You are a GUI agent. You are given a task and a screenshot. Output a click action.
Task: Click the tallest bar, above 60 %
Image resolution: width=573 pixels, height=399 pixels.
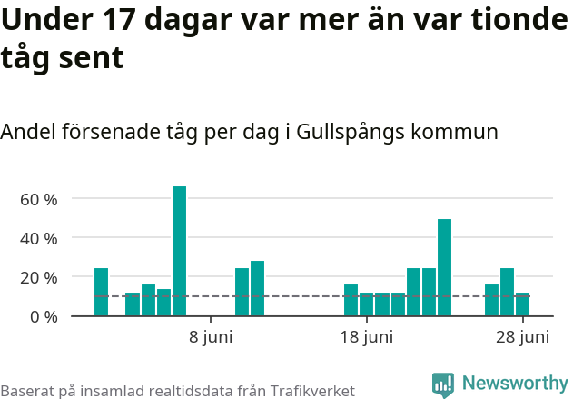(179, 251)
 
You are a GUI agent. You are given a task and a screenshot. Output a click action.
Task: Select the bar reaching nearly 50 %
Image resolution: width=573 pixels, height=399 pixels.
(444, 267)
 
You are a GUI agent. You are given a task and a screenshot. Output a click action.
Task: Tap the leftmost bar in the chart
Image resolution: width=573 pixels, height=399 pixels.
(101, 292)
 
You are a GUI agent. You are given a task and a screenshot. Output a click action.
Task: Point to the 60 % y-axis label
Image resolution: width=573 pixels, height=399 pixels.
(38, 199)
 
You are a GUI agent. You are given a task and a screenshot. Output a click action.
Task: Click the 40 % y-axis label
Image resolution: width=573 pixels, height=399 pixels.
(38, 238)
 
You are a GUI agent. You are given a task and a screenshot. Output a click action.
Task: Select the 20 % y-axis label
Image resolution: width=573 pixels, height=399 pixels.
(38, 277)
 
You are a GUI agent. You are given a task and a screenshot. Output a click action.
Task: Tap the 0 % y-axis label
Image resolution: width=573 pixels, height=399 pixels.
(42, 316)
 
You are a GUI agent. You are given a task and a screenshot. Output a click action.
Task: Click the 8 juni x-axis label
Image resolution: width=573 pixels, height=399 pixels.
(211, 338)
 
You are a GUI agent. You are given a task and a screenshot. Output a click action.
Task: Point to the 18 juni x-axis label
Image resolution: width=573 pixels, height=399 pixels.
(366, 338)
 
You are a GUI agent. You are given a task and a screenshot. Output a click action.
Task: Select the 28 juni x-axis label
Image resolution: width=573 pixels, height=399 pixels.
(522, 338)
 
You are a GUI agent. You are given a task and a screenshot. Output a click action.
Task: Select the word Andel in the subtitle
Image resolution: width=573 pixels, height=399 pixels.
(27, 132)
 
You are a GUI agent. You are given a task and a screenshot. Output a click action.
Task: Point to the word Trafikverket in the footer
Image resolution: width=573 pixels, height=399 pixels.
(310, 391)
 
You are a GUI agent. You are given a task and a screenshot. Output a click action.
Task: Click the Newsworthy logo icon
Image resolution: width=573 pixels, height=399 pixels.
(443, 384)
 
